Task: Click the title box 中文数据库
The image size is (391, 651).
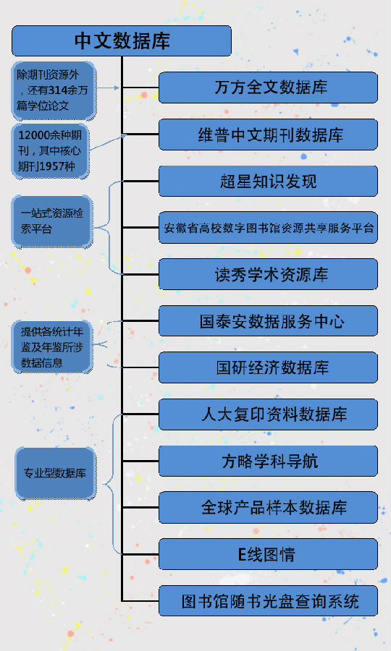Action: (122, 41)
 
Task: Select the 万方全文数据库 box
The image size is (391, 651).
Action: (268, 88)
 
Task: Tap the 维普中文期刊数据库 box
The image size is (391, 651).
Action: (268, 135)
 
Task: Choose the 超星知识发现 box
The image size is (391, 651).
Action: (268, 181)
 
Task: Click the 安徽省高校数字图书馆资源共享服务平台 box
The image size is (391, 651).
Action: (268, 228)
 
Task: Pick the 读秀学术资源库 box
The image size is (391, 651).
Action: (268, 274)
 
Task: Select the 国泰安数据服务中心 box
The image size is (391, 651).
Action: (268, 321)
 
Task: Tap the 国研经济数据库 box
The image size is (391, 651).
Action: (268, 367)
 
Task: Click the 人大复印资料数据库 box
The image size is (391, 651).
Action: (268, 414)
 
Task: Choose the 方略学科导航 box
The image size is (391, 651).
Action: (268, 461)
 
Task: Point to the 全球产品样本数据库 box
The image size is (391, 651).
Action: (268, 507)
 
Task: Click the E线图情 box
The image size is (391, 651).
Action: (268, 554)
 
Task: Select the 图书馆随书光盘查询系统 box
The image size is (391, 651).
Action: (268, 601)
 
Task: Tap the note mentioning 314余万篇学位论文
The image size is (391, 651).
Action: (53, 90)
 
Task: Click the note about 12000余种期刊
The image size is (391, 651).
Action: (51, 150)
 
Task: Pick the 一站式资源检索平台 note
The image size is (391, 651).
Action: (52, 221)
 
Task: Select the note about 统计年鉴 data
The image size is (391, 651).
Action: (52, 346)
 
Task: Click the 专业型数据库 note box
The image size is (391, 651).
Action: (55, 473)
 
